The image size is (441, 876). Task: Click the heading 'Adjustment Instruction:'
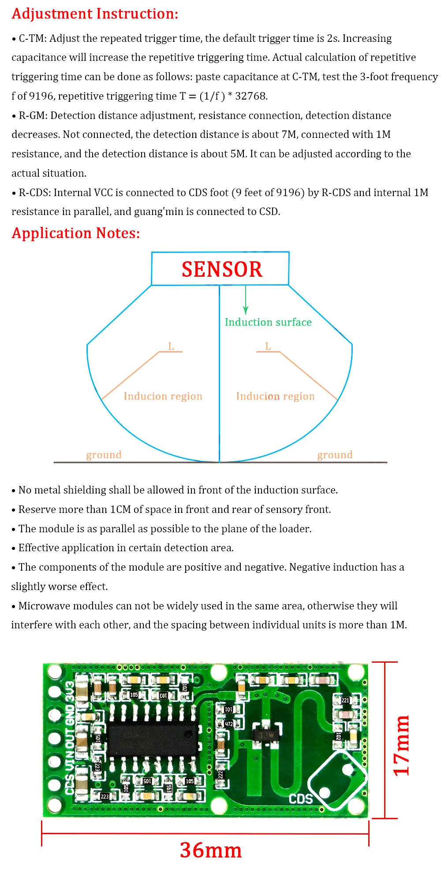click(x=95, y=14)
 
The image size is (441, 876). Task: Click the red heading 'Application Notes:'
click(x=76, y=233)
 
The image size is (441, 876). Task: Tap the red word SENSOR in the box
click(x=222, y=269)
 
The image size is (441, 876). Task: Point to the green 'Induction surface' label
click(x=268, y=322)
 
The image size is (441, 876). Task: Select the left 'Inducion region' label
click(x=163, y=396)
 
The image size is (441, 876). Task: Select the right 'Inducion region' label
click(x=276, y=396)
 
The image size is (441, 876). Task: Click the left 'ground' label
click(x=104, y=454)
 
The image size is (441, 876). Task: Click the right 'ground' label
click(x=335, y=454)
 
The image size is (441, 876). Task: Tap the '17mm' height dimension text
click(x=401, y=745)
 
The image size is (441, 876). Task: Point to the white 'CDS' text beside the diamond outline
click(x=300, y=798)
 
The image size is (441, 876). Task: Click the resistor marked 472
click(x=228, y=724)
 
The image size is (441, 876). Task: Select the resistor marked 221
click(x=345, y=700)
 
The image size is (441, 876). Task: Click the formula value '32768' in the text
click(x=251, y=96)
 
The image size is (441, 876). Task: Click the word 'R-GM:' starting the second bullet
click(x=33, y=115)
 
